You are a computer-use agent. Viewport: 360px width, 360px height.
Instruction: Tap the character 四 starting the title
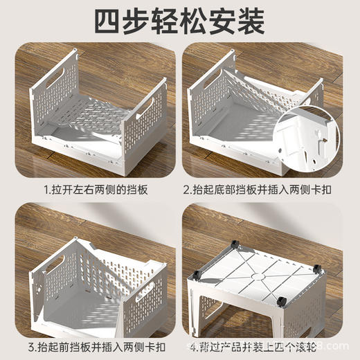[111, 21]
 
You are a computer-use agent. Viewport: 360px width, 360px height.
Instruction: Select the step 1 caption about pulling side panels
[91, 189]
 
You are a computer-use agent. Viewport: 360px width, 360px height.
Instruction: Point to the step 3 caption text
[91, 345]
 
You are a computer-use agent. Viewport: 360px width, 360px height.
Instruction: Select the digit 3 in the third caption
[33, 345]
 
